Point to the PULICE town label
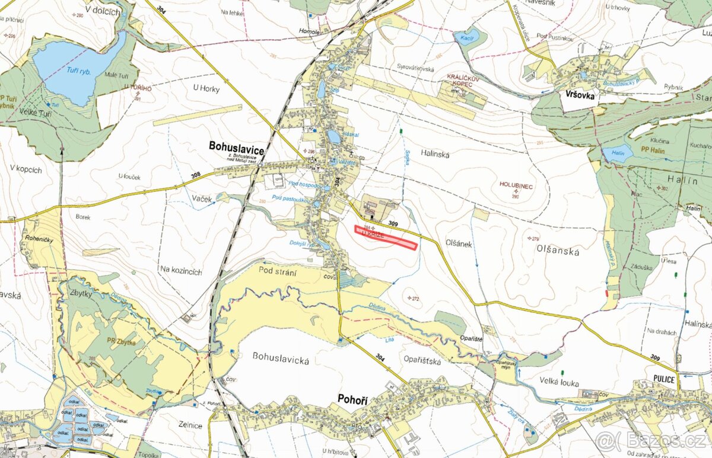(x=662, y=380)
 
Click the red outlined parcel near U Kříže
(x=386, y=238)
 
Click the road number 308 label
(x=196, y=176)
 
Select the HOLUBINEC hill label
(x=516, y=186)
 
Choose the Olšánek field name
(x=459, y=244)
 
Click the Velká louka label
(x=560, y=383)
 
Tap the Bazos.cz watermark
(x=652, y=441)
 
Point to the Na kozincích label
(x=181, y=271)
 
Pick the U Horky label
(x=206, y=89)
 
